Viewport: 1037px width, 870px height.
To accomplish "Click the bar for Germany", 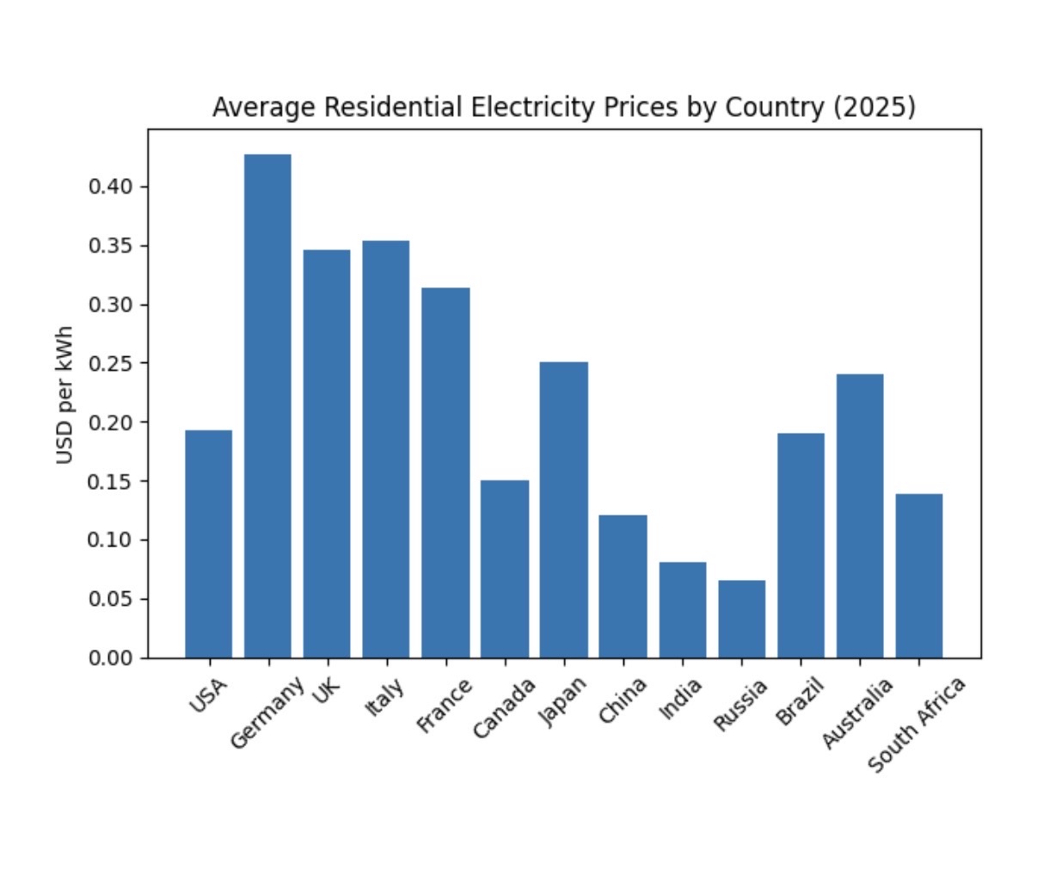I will click(267, 406).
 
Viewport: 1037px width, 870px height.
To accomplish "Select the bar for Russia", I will click(741, 619).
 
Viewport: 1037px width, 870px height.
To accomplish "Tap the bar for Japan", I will click(563, 509).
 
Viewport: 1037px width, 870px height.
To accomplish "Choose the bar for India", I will click(683, 610).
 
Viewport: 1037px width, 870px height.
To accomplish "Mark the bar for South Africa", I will click(918, 576).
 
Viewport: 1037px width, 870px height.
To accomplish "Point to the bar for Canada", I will click(505, 569).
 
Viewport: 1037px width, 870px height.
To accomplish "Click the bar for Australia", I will click(859, 515).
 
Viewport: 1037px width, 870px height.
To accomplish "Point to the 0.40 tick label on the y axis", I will click(112, 187).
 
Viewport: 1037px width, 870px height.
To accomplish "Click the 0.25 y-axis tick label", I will click(112, 363).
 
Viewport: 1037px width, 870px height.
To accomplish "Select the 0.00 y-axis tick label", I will click(112, 657).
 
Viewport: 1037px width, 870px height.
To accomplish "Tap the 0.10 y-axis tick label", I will click(112, 540).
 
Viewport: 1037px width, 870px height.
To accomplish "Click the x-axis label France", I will click(445, 706).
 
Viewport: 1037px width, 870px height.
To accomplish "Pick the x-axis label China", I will click(623, 702).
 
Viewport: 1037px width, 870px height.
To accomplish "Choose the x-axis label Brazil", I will click(801, 701).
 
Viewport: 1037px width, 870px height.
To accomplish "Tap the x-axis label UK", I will click(328, 691).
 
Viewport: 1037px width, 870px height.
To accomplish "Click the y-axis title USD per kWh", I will click(64, 395).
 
